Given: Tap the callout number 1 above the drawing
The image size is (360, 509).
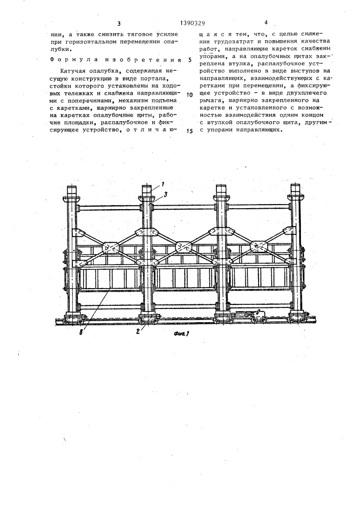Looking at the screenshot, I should pos(163,184).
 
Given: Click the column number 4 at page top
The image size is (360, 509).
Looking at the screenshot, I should pos(265,22).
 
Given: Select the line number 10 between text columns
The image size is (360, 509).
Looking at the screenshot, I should pos(189,95).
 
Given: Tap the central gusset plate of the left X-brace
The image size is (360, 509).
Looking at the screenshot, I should pos(111,248).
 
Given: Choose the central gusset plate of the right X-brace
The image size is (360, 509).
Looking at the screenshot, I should pos(259,247).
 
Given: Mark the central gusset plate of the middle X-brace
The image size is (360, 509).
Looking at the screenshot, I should pos(184,247).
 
